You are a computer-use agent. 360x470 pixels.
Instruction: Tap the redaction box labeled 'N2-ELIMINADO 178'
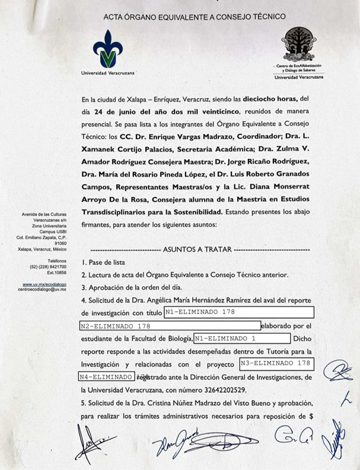[170, 325]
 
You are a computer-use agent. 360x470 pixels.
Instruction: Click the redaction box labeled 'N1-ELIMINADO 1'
[242, 338]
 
